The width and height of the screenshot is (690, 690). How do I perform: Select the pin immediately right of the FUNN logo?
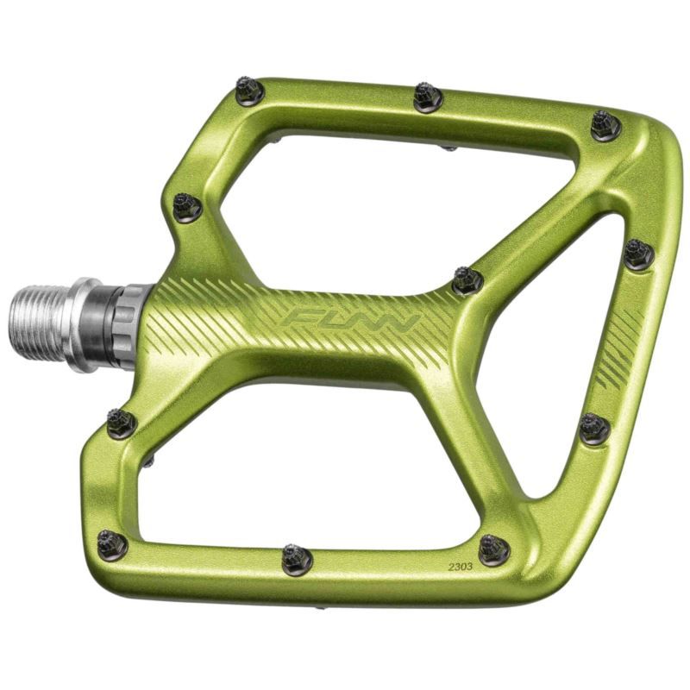[467, 279]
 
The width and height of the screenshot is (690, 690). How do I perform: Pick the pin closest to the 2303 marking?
[494, 549]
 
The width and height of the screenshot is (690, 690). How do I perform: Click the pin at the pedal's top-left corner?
[249, 91]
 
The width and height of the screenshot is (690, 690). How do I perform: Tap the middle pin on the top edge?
[427, 97]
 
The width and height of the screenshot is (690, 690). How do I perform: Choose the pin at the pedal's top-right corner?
[605, 125]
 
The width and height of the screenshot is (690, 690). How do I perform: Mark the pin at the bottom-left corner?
[112, 544]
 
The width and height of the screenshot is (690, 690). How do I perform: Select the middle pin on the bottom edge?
[297, 559]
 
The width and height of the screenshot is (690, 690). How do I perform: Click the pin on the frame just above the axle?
[187, 206]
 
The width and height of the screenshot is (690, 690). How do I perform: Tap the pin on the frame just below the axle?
[122, 423]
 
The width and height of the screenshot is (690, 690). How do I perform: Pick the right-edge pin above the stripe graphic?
[638, 254]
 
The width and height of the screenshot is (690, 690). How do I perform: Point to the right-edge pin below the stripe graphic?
[594, 428]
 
